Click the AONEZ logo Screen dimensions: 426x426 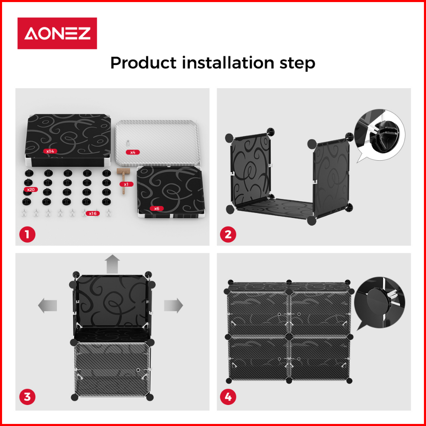57,33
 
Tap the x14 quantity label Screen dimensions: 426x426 50,151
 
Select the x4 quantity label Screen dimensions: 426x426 133,152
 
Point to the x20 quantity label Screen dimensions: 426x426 31,190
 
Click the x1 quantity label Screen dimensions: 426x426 126,184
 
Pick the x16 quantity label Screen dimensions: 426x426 93,213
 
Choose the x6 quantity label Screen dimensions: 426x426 157,208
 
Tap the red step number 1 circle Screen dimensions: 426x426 28,234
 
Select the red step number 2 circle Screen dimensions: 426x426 228,234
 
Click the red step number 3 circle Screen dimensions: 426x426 28,397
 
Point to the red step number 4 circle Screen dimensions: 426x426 228,397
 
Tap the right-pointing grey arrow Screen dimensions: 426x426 173,305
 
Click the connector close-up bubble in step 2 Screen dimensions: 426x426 379,136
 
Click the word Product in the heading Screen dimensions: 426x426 143,63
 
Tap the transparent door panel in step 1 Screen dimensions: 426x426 157,143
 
